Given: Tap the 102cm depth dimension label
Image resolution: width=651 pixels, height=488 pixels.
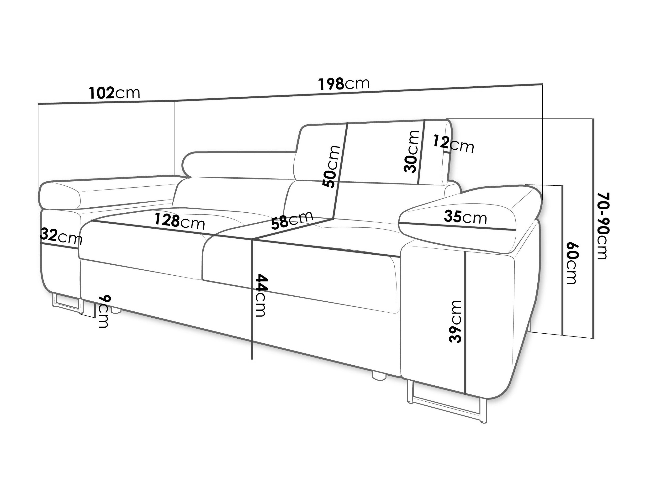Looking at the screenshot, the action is (115, 93).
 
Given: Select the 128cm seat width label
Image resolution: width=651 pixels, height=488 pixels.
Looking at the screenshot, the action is (180, 221).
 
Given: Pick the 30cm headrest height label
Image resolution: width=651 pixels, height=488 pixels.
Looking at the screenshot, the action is (411, 152).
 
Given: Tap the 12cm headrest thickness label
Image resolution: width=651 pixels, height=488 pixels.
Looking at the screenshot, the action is (453, 144).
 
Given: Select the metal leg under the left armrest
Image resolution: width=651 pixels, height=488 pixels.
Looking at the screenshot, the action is (68, 303).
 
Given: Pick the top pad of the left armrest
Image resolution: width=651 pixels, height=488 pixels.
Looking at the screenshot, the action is (109, 193).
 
